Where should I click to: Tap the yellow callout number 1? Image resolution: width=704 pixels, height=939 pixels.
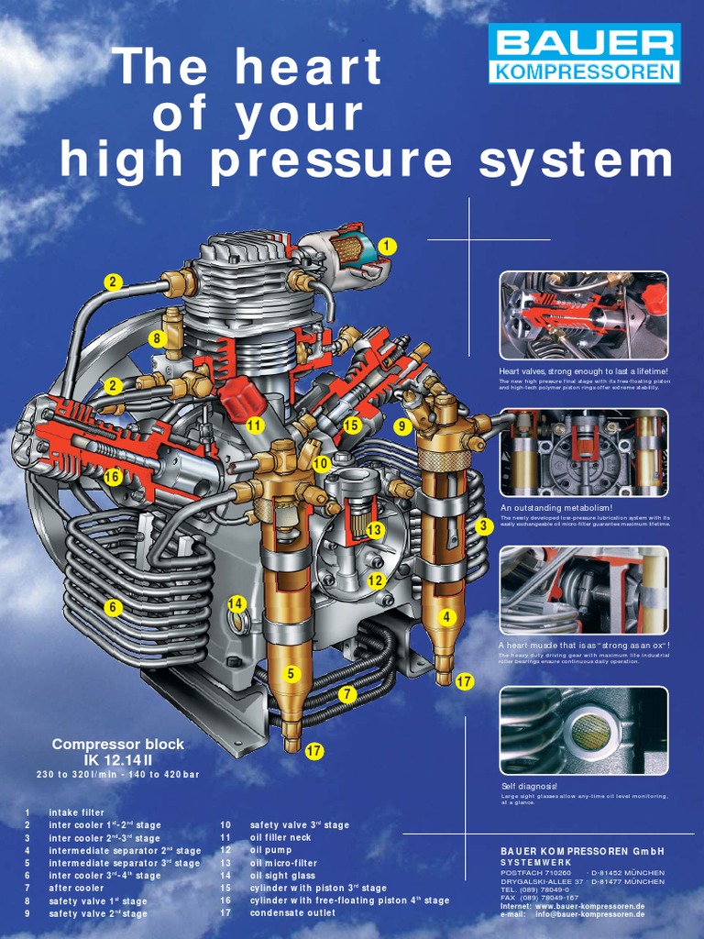tap(387, 246)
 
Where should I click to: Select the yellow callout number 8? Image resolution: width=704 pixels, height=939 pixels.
tap(158, 338)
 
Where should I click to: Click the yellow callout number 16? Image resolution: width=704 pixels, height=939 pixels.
tap(112, 477)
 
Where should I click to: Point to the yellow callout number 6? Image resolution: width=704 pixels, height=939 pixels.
tap(114, 607)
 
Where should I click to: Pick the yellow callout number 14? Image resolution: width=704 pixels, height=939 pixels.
tap(237, 603)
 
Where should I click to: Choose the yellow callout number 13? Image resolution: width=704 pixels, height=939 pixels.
tap(374, 530)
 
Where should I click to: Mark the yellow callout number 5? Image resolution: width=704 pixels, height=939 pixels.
tap(291, 674)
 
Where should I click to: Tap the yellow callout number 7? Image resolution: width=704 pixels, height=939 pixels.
tap(346, 694)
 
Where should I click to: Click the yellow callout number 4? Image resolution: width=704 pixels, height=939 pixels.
tap(446, 617)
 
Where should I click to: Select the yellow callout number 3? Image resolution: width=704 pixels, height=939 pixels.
tap(483, 525)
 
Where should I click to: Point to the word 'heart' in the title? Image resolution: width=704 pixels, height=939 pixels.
tap(307, 70)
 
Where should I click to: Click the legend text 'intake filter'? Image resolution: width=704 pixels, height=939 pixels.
tap(76, 812)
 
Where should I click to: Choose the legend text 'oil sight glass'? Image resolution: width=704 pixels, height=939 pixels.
tap(282, 876)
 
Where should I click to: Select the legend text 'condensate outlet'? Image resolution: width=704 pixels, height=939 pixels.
tap(292, 913)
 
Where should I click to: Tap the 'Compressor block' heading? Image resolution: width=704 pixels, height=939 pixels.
tap(117, 745)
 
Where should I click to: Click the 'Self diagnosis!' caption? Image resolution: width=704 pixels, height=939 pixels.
tap(529, 787)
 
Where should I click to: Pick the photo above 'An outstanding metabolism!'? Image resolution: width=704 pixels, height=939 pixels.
tap(584, 452)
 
